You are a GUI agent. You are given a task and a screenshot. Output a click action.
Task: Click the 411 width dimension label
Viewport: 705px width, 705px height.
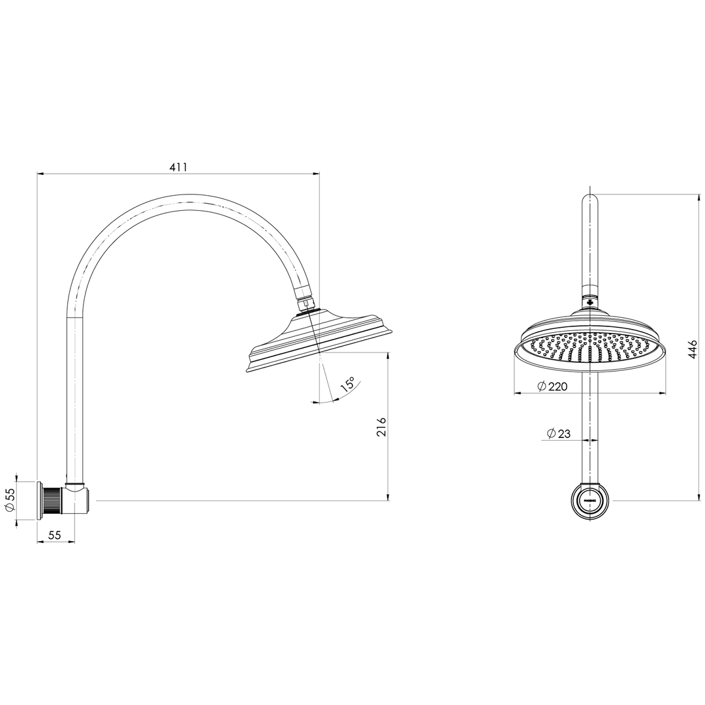pos(178,167)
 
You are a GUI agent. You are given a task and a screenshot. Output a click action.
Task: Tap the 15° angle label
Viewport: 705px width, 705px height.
pos(347,384)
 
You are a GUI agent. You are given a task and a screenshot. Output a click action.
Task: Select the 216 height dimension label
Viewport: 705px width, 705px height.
pos(382,427)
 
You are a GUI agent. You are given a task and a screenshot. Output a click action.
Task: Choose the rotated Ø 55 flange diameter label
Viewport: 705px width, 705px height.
pos(10,500)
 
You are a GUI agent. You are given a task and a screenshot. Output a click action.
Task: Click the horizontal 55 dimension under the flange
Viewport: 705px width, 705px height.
pos(54,535)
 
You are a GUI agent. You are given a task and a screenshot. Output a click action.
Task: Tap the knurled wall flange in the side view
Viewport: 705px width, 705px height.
pos(52,501)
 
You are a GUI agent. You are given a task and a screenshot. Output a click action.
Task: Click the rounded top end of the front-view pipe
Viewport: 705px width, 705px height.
pos(590,199)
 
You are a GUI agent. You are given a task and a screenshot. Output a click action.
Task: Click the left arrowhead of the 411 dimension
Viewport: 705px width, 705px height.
pos(40,174)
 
